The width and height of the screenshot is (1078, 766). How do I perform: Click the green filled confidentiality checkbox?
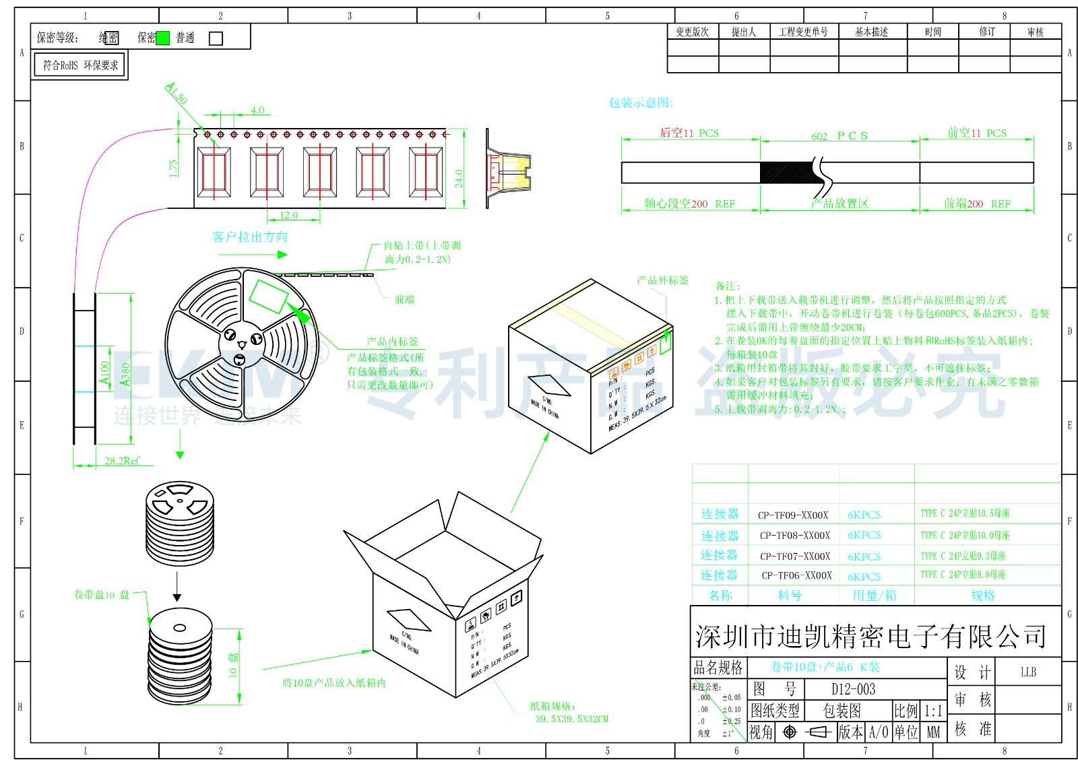162,38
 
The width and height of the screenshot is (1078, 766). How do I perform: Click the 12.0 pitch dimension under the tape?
288,215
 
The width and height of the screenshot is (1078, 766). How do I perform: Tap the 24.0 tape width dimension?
459,179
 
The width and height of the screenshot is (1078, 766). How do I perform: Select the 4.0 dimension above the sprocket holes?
257,110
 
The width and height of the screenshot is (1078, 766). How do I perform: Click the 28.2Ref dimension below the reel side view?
122,461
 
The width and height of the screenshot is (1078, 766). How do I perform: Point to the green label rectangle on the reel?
268,296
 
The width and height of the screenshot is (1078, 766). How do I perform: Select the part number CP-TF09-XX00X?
793,515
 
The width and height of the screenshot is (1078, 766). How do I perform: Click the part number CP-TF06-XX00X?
796,575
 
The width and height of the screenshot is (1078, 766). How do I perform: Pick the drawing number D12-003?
853,689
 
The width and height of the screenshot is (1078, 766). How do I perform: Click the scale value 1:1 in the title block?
933,711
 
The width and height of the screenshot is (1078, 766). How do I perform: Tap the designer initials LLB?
1028,672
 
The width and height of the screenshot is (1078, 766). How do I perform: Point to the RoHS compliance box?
80,65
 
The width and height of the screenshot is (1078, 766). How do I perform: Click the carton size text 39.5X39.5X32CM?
571,719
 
